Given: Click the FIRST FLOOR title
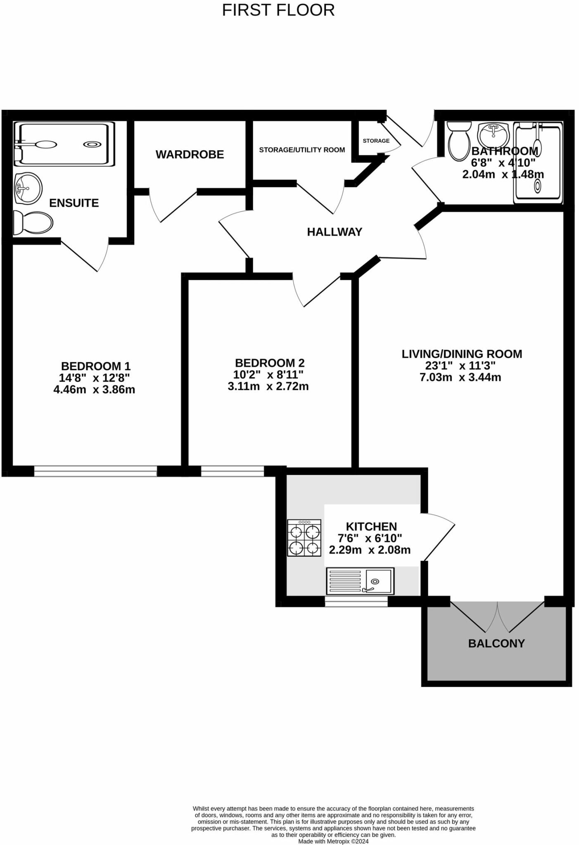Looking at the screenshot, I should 278,10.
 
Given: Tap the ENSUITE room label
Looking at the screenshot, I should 74,203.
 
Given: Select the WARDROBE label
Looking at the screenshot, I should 190,154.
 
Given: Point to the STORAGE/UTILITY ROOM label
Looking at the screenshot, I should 302,150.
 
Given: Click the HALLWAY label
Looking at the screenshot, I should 335,232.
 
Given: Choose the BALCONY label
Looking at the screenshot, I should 496,643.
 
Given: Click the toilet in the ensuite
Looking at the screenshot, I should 33,223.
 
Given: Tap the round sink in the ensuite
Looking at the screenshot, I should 28,188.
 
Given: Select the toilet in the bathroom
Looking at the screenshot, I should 459,140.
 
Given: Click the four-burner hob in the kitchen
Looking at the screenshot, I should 304,538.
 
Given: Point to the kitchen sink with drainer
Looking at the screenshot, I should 360,581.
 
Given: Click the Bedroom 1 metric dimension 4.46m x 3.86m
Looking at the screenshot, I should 94,389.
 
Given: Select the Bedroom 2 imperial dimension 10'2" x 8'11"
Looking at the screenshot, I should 268,375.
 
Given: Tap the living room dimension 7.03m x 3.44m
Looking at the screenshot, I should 460,377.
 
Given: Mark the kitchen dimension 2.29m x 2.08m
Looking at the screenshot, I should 370,550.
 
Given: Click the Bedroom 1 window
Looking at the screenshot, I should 95,471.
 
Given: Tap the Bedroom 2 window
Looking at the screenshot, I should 232,471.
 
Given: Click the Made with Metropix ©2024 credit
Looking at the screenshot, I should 333,841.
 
